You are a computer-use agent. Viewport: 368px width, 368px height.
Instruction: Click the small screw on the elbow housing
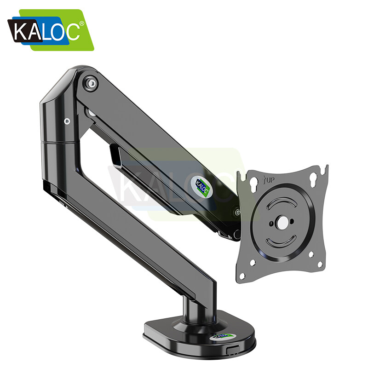coord(67,121)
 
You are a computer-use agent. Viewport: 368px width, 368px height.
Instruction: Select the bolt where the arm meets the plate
coord(237,212)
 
